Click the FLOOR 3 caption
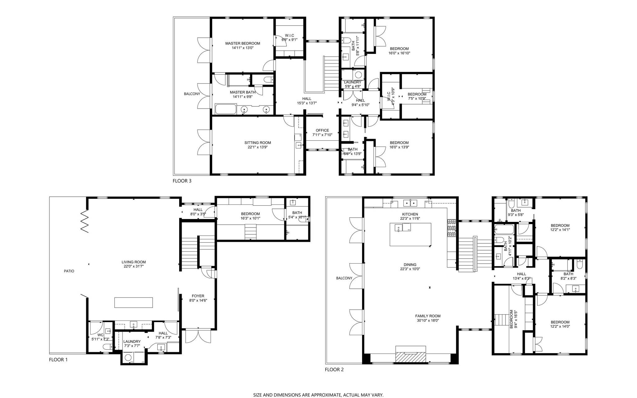tap(182, 181)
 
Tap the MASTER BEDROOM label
tap(243, 44)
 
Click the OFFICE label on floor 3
tap(322, 130)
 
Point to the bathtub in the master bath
tap(224, 110)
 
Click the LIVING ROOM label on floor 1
tap(133, 262)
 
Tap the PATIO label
tap(69, 271)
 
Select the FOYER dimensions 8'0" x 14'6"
tap(198, 300)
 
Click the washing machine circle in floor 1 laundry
tap(128, 358)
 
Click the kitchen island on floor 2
tap(411, 234)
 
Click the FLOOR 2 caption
tap(334, 370)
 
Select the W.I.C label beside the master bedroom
tap(289, 35)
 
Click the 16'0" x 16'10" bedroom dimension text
tap(399, 53)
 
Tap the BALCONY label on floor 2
tap(344, 278)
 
